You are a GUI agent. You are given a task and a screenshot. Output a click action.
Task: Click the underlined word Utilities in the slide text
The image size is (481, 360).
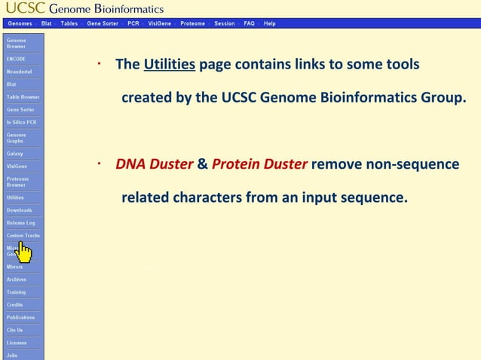170,65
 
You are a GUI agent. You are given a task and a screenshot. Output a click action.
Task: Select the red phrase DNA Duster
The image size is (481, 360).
155,164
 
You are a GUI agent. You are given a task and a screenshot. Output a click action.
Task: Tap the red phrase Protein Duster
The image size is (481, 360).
259,164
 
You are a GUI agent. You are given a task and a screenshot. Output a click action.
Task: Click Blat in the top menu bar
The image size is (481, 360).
47,23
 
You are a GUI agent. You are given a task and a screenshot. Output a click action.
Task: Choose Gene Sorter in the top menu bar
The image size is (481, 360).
103,23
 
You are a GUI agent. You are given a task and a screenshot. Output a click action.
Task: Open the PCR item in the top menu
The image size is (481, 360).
133,23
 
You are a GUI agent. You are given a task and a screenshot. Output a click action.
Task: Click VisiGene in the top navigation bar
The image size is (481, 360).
159,23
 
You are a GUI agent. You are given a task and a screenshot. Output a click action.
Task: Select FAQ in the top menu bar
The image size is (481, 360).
249,23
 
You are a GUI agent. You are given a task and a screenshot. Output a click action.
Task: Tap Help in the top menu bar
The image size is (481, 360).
269,23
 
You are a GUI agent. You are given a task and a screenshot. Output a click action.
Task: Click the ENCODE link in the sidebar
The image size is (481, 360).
16,59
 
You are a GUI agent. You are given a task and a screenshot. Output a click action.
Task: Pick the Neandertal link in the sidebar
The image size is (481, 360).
19,72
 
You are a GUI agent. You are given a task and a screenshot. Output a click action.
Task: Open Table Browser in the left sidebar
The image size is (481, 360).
23,97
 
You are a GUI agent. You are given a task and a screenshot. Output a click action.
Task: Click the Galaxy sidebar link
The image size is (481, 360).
15,154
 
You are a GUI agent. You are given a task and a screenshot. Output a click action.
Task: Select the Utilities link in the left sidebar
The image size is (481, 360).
15,197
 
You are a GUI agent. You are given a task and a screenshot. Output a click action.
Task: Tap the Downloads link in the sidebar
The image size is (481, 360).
20,210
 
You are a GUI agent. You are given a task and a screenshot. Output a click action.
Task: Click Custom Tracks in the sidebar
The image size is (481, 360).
23,236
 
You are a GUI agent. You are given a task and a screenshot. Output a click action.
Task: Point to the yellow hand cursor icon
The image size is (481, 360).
24,252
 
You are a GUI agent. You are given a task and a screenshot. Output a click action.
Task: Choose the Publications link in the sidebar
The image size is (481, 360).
21,317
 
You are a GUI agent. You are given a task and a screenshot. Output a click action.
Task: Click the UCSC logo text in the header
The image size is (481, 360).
25,9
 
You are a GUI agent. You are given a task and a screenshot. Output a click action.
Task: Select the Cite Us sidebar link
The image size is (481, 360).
15,330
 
